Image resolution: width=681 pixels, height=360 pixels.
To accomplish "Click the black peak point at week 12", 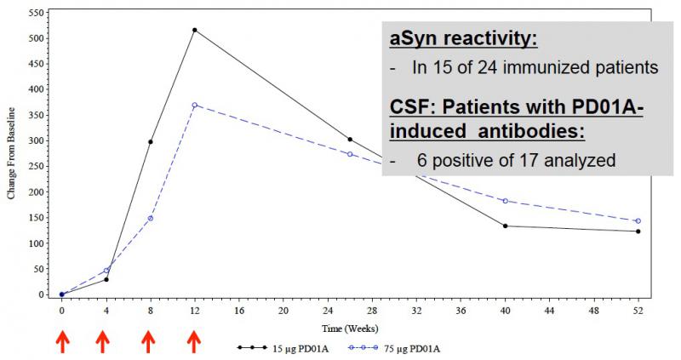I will click(x=195, y=30).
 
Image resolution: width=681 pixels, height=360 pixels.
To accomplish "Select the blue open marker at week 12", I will click(x=195, y=105).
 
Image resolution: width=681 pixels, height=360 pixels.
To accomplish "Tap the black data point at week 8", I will click(x=151, y=141).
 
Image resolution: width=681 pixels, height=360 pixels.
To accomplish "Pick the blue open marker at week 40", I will click(x=506, y=201).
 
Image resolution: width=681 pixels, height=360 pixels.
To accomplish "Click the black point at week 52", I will click(x=638, y=231).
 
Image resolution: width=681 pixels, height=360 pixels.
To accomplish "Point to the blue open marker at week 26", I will click(x=350, y=154).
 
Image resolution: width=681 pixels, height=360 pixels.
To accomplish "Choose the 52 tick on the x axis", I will click(x=638, y=311).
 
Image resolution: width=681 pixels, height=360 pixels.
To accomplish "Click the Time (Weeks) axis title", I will click(x=349, y=328).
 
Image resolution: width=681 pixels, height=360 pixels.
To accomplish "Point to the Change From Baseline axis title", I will click(x=11, y=153).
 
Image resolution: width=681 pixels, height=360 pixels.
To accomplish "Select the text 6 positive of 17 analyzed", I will click(x=515, y=160).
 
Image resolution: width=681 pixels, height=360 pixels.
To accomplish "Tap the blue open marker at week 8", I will click(x=151, y=218).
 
